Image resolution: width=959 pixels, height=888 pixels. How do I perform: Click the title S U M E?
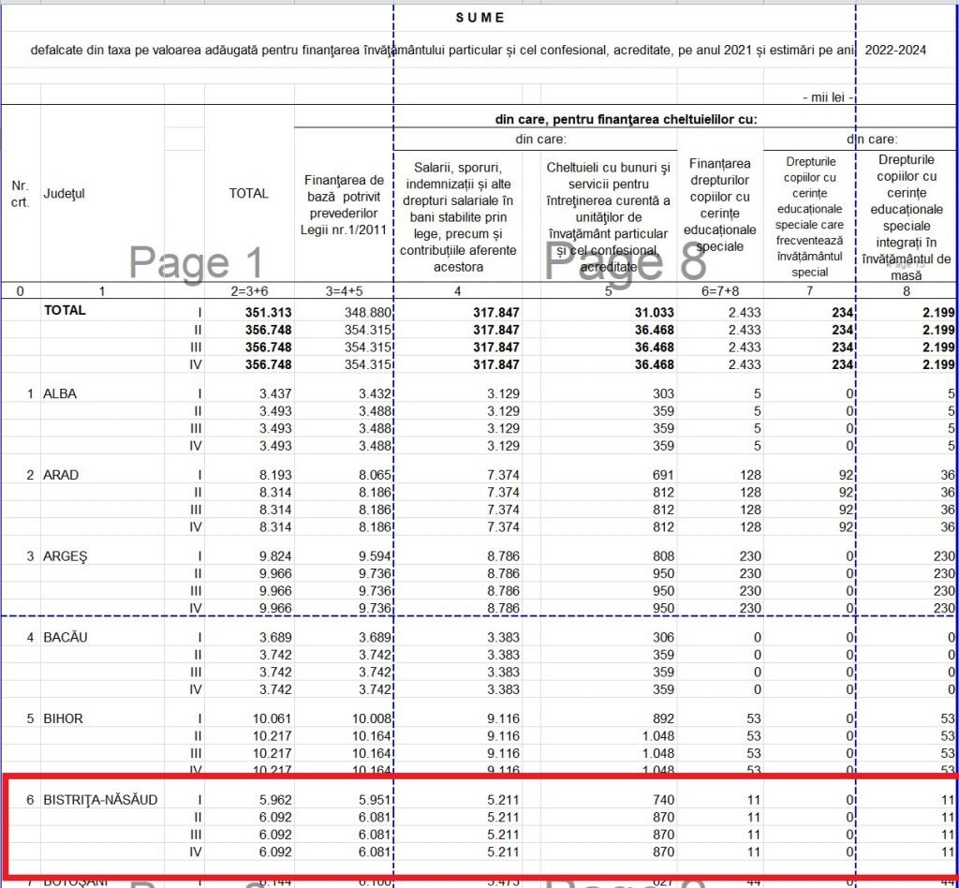tap(479, 18)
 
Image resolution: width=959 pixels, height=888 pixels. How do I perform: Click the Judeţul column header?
tap(64, 193)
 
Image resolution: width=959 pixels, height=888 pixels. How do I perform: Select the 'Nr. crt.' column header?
tap(20, 193)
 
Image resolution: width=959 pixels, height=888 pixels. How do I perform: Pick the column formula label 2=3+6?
tap(248, 291)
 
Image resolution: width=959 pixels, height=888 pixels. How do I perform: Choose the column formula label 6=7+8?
tap(720, 291)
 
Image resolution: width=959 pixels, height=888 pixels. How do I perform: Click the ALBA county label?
tap(60, 394)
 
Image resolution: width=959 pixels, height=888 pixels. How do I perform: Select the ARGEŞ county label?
tap(65, 556)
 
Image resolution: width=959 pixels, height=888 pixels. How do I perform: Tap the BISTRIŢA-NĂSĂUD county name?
tap(101, 800)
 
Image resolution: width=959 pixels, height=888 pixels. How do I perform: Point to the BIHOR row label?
tap(63, 718)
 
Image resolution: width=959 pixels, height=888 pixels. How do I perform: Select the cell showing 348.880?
tap(364, 312)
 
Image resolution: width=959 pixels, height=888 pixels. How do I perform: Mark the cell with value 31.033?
tap(648, 312)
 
